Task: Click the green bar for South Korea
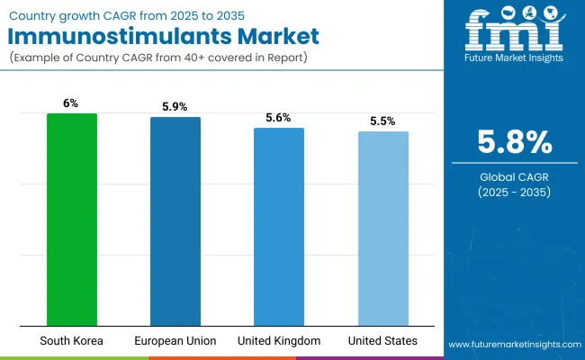coord(71,220)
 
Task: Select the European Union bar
coord(175,221)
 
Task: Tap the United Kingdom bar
coord(279,227)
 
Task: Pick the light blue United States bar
coord(382,229)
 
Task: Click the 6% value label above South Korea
coord(71,103)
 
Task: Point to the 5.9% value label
coord(175,106)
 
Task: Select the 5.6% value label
coord(279,117)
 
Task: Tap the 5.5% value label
coord(382,121)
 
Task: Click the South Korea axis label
coord(71,341)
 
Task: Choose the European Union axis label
coord(175,341)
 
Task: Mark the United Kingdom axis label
coord(279,341)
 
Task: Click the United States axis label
coord(382,341)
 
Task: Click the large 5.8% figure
coord(514,142)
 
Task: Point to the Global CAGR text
coord(514,176)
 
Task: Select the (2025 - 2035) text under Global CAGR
coord(514,193)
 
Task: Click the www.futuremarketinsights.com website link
coord(514,345)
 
